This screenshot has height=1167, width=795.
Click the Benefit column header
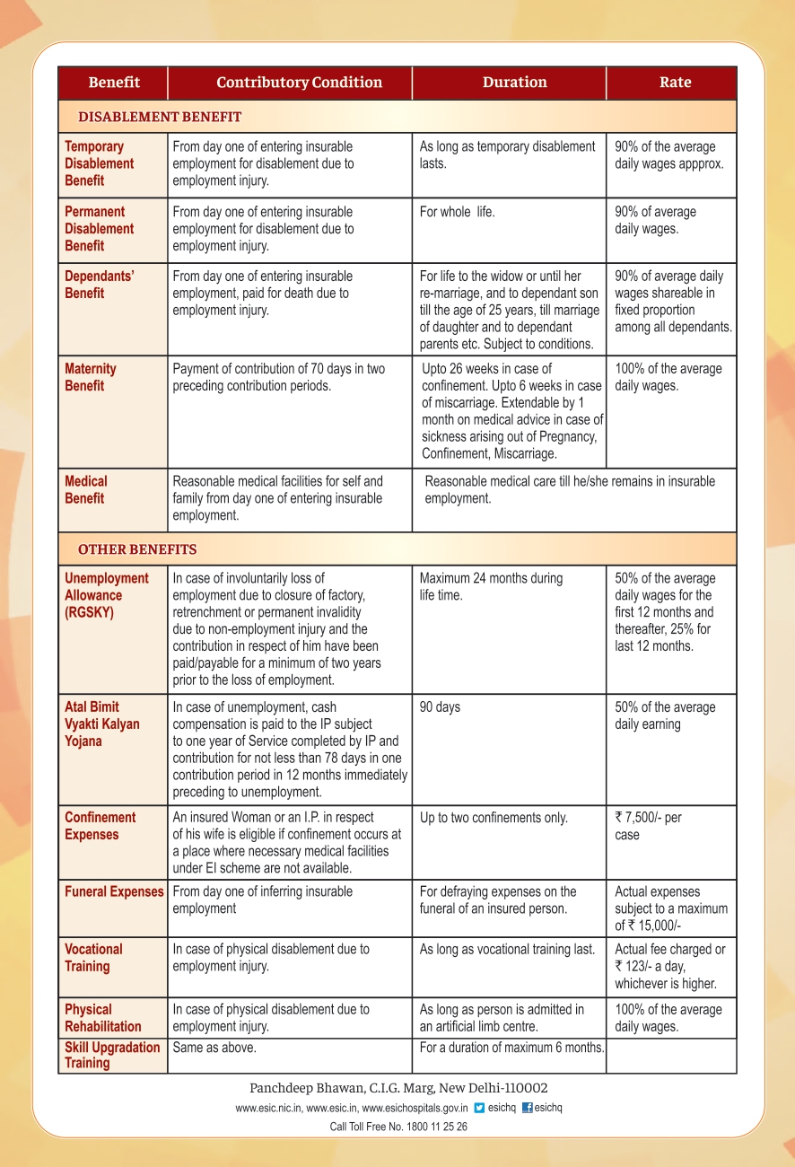point(114,83)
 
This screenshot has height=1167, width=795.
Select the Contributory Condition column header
point(299,83)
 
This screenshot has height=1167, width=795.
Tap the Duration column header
point(514,83)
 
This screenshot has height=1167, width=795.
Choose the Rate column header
point(675,83)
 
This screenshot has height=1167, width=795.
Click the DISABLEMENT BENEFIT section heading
point(160,117)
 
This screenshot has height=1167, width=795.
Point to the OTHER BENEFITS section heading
point(137,549)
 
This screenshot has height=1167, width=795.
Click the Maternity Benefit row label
point(91,377)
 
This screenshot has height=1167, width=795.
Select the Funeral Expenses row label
point(114,892)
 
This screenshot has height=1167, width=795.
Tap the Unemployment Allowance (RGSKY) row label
point(106,595)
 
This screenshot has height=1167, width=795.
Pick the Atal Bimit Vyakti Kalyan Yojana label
point(101,724)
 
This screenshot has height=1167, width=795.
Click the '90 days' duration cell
point(440,707)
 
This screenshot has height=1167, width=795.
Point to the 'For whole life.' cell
point(457,212)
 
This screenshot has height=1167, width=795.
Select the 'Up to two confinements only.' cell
point(494,818)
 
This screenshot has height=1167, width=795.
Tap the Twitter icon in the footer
point(479,1108)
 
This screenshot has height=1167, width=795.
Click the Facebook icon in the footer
point(528,1108)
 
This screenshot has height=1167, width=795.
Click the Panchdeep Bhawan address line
point(398,1088)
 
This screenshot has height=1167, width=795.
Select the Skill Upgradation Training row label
point(112,1056)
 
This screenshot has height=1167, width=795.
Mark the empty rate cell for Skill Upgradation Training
point(671,1056)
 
